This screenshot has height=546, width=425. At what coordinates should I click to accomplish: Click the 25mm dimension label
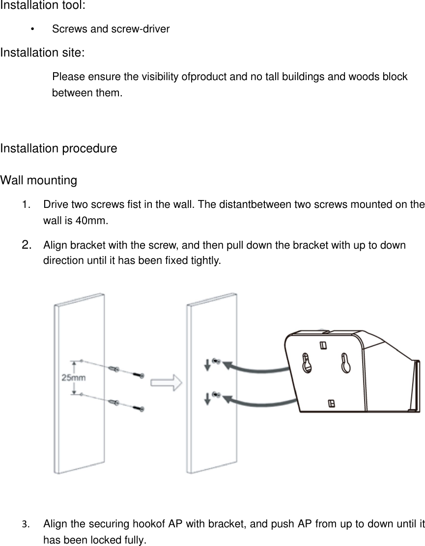[74, 377]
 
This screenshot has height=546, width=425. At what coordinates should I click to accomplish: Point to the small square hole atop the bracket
[323, 345]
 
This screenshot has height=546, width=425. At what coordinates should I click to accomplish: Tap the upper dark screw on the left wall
[138, 375]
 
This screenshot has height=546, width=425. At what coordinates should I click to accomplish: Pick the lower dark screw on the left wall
[138, 408]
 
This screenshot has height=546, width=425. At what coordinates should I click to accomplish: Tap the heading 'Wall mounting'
[39, 180]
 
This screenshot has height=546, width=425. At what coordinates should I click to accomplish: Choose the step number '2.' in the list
[28, 244]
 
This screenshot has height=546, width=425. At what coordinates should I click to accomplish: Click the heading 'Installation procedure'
[59, 148]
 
